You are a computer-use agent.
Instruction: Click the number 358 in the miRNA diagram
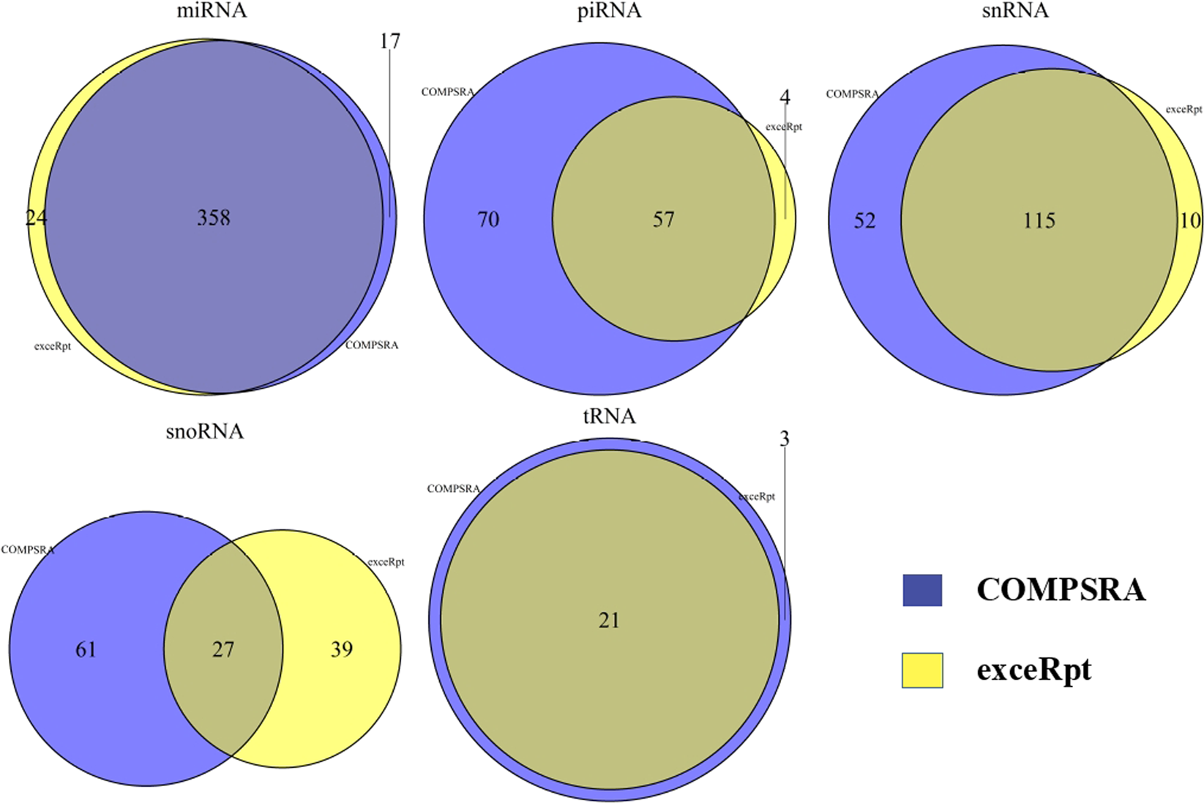click(x=214, y=217)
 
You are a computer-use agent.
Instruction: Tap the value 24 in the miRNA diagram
click(x=36, y=217)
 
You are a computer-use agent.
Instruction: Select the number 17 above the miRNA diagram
click(x=390, y=42)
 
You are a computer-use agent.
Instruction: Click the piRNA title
click(x=609, y=11)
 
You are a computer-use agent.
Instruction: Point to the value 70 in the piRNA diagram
click(x=488, y=220)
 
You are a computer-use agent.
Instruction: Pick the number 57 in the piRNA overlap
click(x=663, y=220)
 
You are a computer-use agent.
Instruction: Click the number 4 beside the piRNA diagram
click(x=785, y=97)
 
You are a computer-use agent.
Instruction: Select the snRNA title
click(x=1014, y=11)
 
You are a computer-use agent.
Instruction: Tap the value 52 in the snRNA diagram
click(x=864, y=221)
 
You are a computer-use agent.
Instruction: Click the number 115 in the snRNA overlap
click(x=1039, y=221)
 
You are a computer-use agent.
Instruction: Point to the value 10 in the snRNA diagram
click(x=1190, y=221)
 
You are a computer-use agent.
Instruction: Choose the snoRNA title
click(x=204, y=432)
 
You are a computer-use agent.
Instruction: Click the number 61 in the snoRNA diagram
click(x=86, y=650)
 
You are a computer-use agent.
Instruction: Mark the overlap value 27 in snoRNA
click(x=223, y=650)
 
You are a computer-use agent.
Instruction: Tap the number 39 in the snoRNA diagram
click(x=341, y=650)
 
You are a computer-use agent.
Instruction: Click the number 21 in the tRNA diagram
click(x=609, y=621)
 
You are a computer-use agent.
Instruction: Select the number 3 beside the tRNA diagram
click(x=785, y=439)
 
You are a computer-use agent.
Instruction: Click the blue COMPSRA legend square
click(x=922, y=590)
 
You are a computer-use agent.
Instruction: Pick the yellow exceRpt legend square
click(x=922, y=671)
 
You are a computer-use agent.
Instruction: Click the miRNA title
click(x=212, y=11)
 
